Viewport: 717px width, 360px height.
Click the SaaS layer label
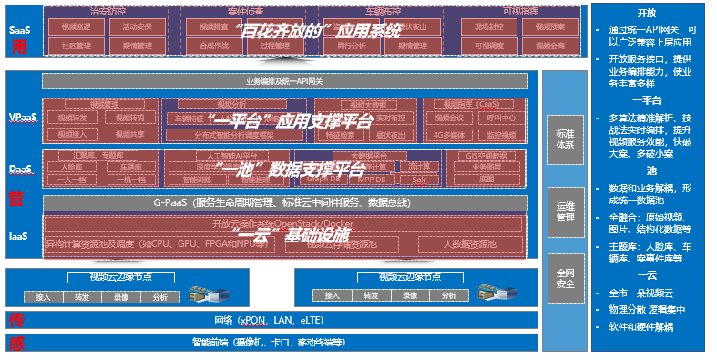[x=19, y=29]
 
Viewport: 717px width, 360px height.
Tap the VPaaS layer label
[x=22, y=118]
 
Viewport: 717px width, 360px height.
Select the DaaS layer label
[x=20, y=170]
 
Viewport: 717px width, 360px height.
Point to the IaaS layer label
[x=18, y=236]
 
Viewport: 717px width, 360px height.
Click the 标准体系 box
[x=564, y=139]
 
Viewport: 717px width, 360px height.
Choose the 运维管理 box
[x=564, y=211]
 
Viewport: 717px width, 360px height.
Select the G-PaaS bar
[x=284, y=201]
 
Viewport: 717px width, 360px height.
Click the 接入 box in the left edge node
[x=44, y=296]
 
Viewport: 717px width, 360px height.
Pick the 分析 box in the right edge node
[x=448, y=296]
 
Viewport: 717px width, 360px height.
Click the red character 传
[x=16, y=320]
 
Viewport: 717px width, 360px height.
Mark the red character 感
[x=16, y=344]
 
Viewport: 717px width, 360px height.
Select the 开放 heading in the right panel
[x=647, y=14]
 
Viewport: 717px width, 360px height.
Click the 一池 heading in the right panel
[x=647, y=171]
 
